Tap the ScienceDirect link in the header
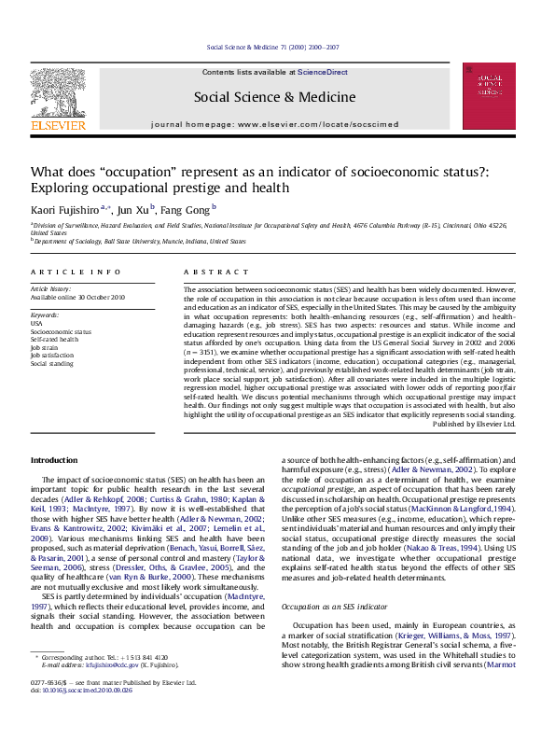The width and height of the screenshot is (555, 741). tap(322, 72)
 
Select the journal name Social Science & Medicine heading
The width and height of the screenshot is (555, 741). tap(274, 97)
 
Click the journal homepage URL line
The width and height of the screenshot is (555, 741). tap(274, 123)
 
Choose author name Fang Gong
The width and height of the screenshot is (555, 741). tap(189, 211)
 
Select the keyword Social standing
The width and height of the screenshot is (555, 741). tap(52, 362)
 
